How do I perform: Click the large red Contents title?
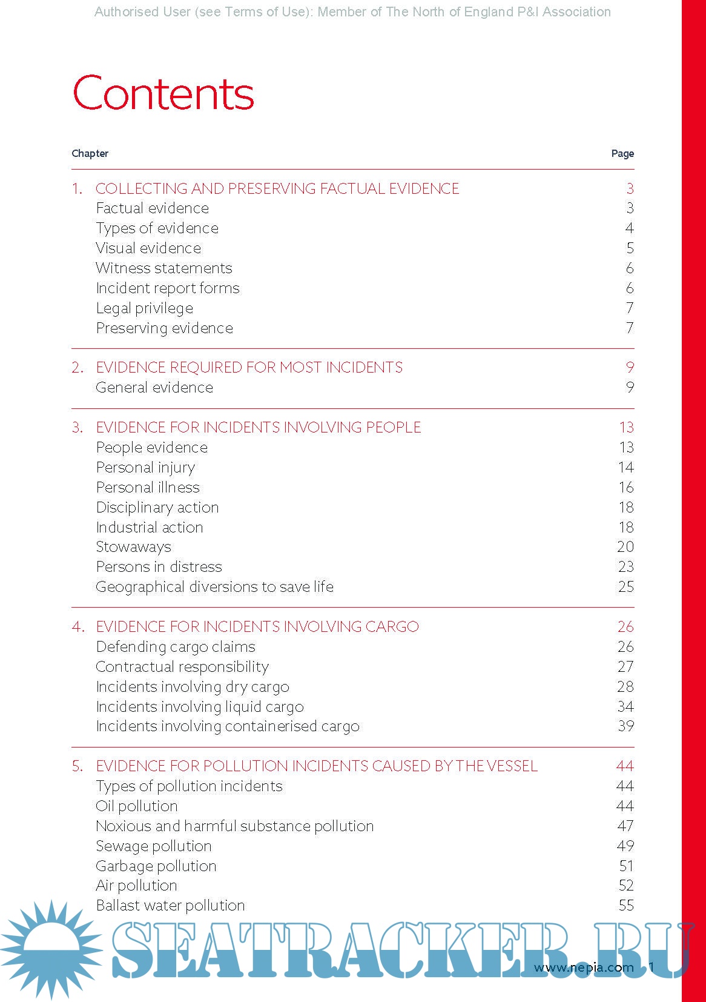pyautogui.click(x=163, y=94)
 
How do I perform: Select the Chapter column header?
pyautogui.click(x=90, y=153)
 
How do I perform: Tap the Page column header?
pyautogui.click(x=622, y=153)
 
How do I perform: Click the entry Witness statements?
pyautogui.click(x=164, y=268)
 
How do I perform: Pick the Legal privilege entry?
pyautogui.click(x=145, y=308)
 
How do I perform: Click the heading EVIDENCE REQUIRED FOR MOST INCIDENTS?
pyautogui.click(x=249, y=367)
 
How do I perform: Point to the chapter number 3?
pyautogui.click(x=77, y=427)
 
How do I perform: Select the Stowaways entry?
pyautogui.click(x=134, y=546)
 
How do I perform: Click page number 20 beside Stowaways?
pyautogui.click(x=625, y=546)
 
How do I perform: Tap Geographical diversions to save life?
pyautogui.click(x=215, y=586)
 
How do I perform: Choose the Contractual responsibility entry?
pyautogui.click(x=182, y=666)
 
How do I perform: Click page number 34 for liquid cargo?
pyautogui.click(x=625, y=706)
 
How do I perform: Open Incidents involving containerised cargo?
pyautogui.click(x=228, y=726)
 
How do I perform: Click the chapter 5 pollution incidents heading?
pyautogui.click(x=317, y=766)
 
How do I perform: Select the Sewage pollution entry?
pyautogui.click(x=154, y=846)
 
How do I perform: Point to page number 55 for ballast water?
pyautogui.click(x=626, y=905)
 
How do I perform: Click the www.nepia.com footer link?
pyautogui.click(x=583, y=967)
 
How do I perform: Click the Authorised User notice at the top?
pyautogui.click(x=352, y=12)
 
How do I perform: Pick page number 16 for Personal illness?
pyautogui.click(x=626, y=487)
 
